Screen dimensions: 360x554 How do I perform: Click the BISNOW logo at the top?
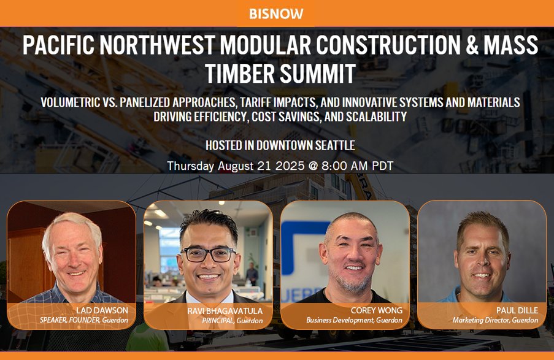pyautogui.click(x=276, y=13)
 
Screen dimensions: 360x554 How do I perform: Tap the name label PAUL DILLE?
pyautogui.click(x=517, y=310)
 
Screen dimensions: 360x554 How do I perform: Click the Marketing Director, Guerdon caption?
pyautogui.click(x=495, y=320)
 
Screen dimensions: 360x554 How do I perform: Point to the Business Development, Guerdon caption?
pyautogui.click(x=355, y=320)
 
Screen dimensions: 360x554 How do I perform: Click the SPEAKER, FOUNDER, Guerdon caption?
pyautogui.click(x=83, y=320)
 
